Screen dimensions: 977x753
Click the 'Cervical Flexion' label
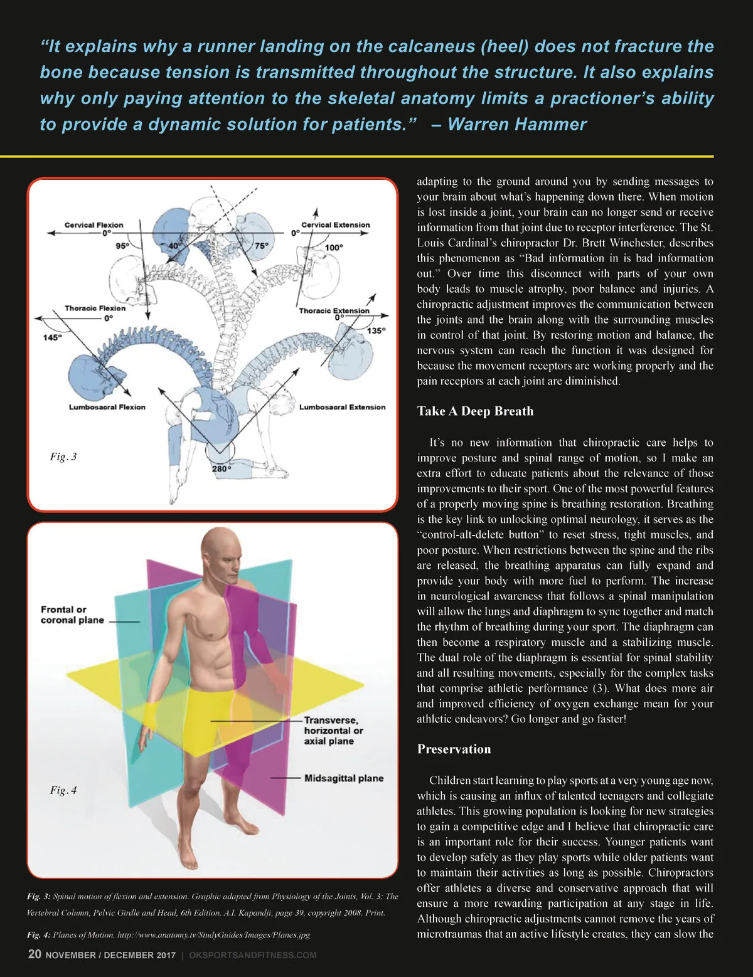click(x=93, y=224)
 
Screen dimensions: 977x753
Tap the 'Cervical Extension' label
click(x=335, y=224)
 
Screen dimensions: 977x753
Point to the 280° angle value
click(x=222, y=468)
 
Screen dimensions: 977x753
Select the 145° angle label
click(x=52, y=337)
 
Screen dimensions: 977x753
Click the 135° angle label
click(x=376, y=330)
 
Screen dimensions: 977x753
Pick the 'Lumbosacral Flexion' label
click(x=107, y=407)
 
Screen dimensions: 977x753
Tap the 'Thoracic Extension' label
click(x=334, y=310)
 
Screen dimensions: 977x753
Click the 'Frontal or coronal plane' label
click(x=72, y=615)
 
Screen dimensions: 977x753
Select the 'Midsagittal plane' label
click(x=343, y=778)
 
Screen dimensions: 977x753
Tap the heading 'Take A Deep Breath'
click(x=475, y=411)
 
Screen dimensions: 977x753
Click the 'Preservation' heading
click(x=454, y=749)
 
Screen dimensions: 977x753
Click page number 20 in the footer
click(x=35, y=954)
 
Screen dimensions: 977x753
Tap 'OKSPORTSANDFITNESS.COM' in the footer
click(x=252, y=955)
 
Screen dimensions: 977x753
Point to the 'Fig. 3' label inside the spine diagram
click(x=63, y=457)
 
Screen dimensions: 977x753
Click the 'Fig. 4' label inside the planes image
click(x=63, y=790)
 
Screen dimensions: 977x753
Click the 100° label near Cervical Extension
click(x=334, y=248)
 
